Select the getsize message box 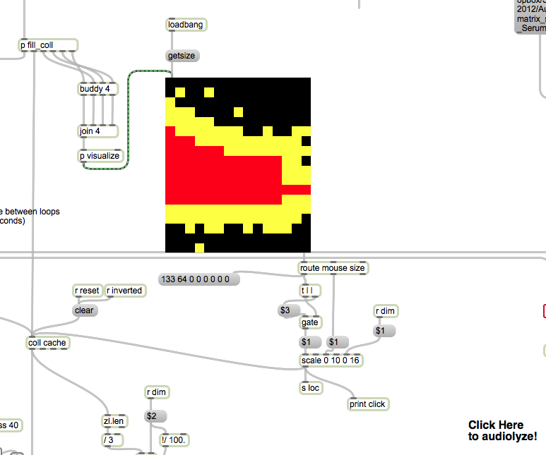(x=182, y=56)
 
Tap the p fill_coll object (x=47, y=46)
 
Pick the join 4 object (x=89, y=131)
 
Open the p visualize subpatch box (x=100, y=156)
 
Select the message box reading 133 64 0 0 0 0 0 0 (x=199, y=279)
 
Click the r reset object (x=88, y=291)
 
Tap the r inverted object (x=125, y=291)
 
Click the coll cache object (x=48, y=343)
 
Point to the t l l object (x=307, y=291)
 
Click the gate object (x=310, y=322)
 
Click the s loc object (x=311, y=387)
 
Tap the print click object (x=368, y=404)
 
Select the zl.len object (x=114, y=421)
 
